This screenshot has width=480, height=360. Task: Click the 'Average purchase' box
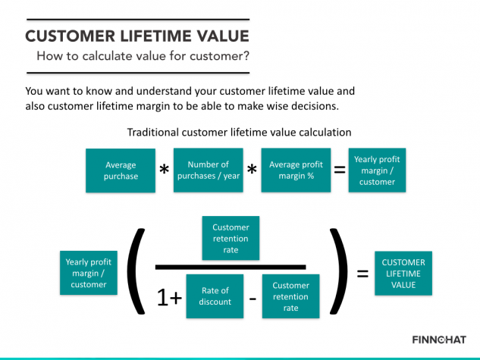click(x=121, y=171)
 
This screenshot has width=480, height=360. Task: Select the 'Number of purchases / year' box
click(x=209, y=171)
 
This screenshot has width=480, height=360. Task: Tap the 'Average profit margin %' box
click(x=296, y=171)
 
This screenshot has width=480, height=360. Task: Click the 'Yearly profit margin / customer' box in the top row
click(x=377, y=171)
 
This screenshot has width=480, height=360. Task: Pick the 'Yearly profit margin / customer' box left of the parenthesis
click(x=89, y=274)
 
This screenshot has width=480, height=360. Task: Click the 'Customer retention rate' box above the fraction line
click(x=231, y=239)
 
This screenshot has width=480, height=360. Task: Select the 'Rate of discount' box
click(x=215, y=296)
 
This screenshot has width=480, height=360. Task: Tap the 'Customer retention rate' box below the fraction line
click(x=290, y=296)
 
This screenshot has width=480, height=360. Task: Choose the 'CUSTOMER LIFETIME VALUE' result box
click(x=403, y=274)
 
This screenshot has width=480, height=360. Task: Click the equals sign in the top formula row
click(x=340, y=171)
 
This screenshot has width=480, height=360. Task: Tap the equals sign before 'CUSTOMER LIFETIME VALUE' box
click(x=362, y=273)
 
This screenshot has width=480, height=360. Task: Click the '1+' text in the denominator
click(x=169, y=298)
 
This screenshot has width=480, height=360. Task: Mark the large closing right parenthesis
click(x=337, y=270)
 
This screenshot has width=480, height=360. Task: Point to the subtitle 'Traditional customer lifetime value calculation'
click(x=239, y=132)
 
